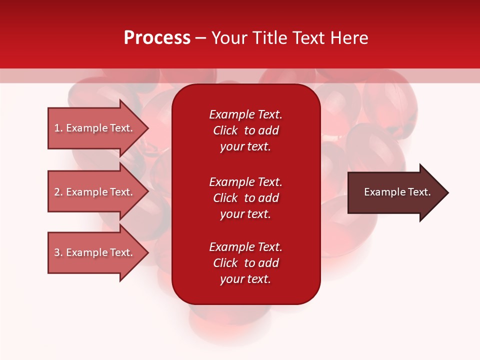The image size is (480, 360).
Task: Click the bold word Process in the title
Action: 157,38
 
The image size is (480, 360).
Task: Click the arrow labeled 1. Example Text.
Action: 95,128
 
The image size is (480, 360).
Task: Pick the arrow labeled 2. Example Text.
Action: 95,192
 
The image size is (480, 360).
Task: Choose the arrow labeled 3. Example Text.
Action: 95,252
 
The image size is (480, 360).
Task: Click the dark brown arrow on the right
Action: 395,192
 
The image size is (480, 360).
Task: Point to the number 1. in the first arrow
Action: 58,128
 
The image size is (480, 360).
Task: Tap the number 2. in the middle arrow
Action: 58,192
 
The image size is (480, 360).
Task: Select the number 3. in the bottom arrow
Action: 58,252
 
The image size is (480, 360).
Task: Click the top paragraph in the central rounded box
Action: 245,130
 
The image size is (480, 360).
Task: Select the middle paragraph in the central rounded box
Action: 245,198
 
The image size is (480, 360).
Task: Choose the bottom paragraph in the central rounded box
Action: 245,263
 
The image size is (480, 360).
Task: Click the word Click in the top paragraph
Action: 225,130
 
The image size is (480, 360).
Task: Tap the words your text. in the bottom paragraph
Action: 245,279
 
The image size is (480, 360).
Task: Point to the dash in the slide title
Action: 200,38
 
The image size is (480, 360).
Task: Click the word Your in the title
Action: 229,38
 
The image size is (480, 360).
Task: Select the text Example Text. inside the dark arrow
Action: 397,192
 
